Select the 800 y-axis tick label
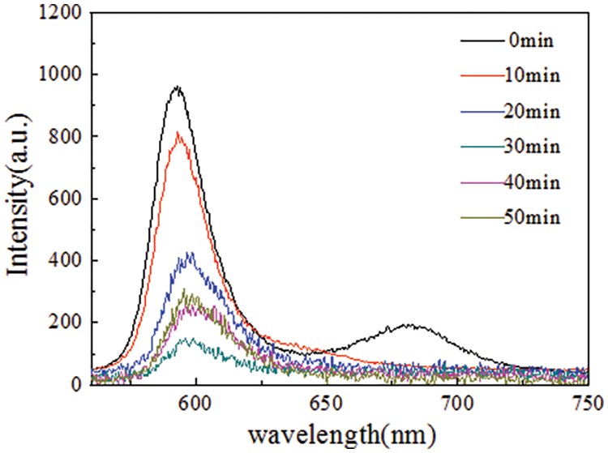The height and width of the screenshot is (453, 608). coord(65,137)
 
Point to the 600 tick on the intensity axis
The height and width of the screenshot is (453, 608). coord(65,199)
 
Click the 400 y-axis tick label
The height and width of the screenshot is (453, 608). coord(65,261)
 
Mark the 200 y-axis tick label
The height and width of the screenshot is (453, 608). coord(65,323)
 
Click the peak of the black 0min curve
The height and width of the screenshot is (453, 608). coord(176,87)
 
